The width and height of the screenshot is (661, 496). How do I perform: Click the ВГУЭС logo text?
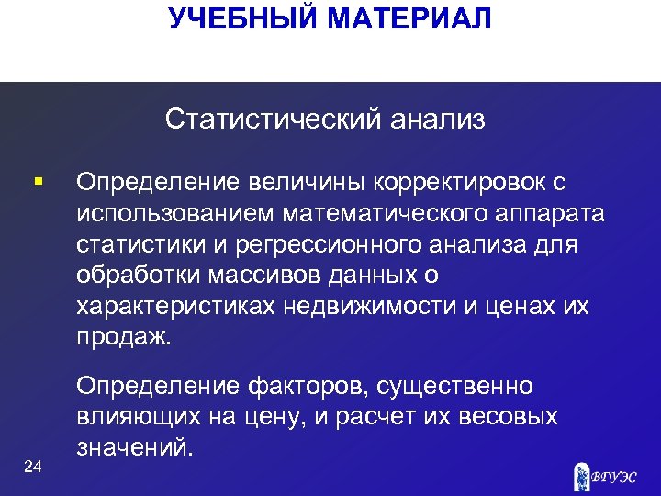(x=614, y=475)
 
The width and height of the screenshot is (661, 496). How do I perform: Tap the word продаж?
(x=123, y=337)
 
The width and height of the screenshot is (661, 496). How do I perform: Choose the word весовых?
(x=508, y=417)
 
